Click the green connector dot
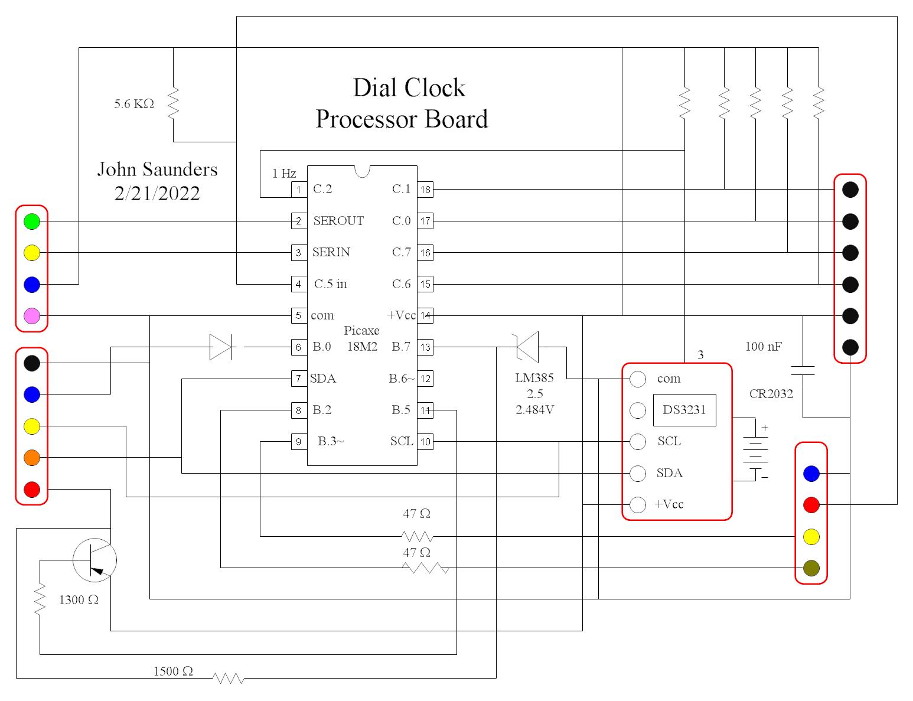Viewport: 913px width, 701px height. (x=32, y=221)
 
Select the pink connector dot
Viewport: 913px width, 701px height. (x=32, y=316)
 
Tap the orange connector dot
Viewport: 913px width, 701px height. (x=32, y=458)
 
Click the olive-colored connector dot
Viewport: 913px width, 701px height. (x=811, y=568)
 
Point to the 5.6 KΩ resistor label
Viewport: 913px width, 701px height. (x=134, y=104)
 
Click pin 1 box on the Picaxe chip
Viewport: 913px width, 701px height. (x=299, y=190)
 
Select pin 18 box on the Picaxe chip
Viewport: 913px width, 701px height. (x=425, y=190)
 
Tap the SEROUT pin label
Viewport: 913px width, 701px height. (x=338, y=221)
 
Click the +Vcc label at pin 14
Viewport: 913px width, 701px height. (x=401, y=315)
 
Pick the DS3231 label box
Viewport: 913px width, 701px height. (x=684, y=410)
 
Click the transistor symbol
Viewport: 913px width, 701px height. (x=95, y=560)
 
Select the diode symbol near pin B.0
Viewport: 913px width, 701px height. (x=221, y=347)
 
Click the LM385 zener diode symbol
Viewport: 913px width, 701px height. (x=527, y=347)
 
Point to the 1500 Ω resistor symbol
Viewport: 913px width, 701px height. (x=229, y=678)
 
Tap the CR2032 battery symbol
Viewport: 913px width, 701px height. (x=755, y=450)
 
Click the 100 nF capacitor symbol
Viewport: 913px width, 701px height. (x=803, y=370)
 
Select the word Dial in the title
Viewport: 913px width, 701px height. (x=374, y=88)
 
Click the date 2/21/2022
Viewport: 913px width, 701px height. (x=157, y=194)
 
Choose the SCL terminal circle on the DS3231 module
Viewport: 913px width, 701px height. (x=638, y=442)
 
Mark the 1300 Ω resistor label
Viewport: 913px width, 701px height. (x=79, y=600)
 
